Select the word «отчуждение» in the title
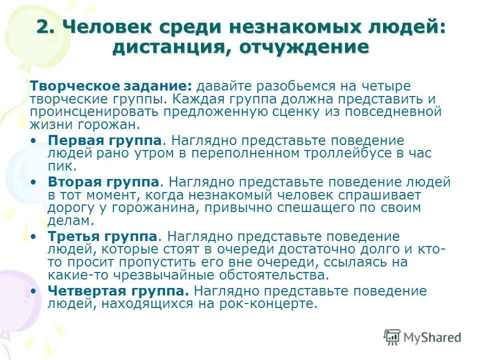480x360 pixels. point(304,47)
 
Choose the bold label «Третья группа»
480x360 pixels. point(103,236)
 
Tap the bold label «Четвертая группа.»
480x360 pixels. point(118,290)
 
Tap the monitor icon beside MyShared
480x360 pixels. point(392,337)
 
